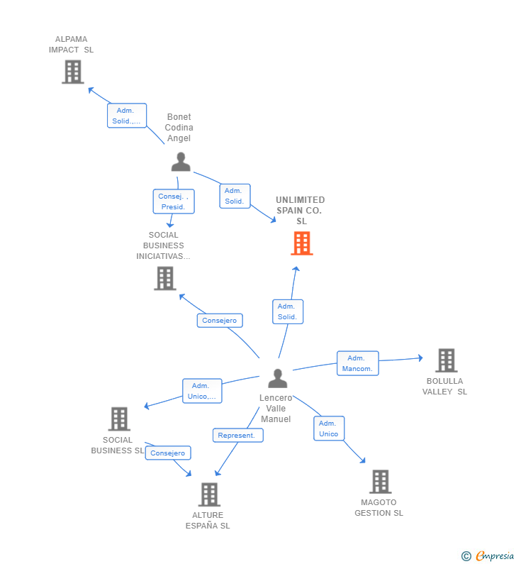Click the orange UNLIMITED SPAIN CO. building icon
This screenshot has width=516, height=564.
pos(302,243)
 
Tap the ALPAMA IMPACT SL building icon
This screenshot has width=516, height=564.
pos(73,72)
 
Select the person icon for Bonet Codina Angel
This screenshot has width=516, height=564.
pos(181,162)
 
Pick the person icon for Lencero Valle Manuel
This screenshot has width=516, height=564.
pos(278,378)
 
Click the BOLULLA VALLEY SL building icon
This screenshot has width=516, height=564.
pos(447,360)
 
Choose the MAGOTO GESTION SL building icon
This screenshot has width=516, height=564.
pos(381,481)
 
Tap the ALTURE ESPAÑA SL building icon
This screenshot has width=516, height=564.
pos(210,494)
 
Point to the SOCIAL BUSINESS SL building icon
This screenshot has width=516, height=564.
pos(119,419)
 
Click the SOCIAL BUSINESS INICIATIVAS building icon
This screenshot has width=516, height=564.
pos(165,278)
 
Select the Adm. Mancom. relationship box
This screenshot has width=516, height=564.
pos(357,363)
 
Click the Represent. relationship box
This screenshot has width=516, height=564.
pos(238,435)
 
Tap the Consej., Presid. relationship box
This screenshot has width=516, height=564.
pos(174,201)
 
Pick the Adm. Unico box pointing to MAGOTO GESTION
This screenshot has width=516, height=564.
pos(329,428)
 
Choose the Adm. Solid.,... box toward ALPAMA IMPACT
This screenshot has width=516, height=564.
pos(127,116)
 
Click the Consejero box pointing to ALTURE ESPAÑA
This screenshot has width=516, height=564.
pos(168,453)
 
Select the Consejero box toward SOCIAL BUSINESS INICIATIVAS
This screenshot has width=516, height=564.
pos(220,321)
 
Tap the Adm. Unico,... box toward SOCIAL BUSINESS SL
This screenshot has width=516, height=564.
pos(202,391)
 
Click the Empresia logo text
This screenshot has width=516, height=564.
pos(495,555)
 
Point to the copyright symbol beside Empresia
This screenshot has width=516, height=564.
pos(466,556)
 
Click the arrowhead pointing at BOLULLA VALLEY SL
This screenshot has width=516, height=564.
pos(420,358)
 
